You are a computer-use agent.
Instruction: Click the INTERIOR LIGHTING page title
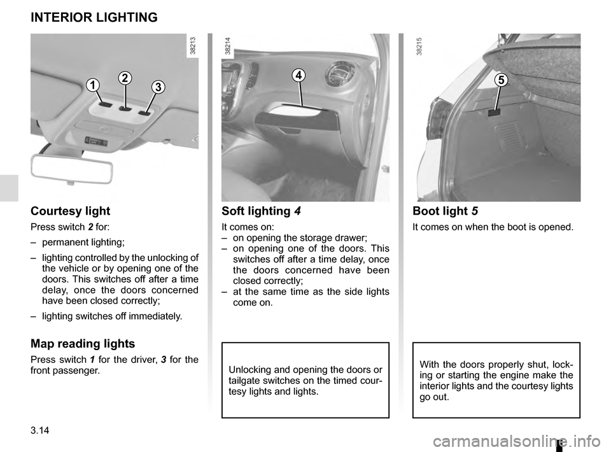click(x=94, y=18)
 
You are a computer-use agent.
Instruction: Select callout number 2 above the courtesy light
click(x=124, y=78)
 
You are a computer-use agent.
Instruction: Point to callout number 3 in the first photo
click(x=158, y=86)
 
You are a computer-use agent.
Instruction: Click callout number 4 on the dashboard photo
click(x=298, y=76)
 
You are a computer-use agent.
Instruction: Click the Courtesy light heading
click(x=70, y=211)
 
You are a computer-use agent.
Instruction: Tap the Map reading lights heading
click(x=83, y=344)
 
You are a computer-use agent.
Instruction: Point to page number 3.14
click(x=39, y=435)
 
